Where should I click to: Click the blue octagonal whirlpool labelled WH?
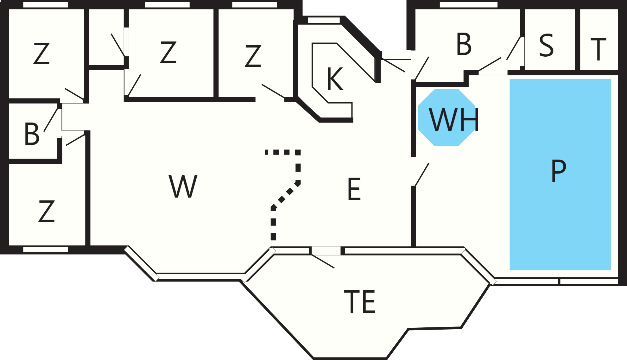tap(446, 117)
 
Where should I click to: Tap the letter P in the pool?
tap(559, 171)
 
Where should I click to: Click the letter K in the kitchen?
tap(335, 79)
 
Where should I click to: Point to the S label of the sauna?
tap(546, 45)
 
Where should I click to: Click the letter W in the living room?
tap(183, 186)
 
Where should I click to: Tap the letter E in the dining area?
tap(354, 189)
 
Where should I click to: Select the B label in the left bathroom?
tap(32, 134)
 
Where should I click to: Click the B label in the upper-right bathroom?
tap(464, 44)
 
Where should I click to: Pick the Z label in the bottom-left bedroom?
tap(47, 211)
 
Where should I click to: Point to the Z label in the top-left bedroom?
tap(41, 54)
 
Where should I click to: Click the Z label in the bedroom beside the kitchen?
tap(253, 56)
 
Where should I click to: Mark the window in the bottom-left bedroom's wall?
tap(46, 250)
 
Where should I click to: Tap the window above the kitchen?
tap(324, 20)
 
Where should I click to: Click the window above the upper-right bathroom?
tap(469, 5)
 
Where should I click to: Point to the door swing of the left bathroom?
tap(51, 120)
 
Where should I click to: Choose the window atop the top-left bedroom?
tap(46, 5)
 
